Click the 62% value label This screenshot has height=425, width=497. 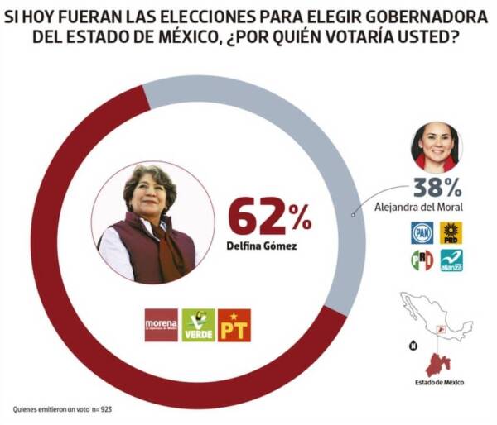[x=269, y=217]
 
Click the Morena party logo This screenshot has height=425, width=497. [x=162, y=325]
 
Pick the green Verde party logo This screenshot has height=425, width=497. [x=198, y=325]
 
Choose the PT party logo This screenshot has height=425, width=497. [x=234, y=325]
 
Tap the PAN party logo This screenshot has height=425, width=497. [x=422, y=232]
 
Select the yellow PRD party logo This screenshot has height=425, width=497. [x=451, y=232]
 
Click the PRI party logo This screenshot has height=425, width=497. [x=422, y=260]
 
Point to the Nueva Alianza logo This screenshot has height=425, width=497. [x=451, y=260]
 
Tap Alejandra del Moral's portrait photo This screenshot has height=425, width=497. [x=435, y=146]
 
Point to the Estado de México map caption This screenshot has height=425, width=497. [x=439, y=382]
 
